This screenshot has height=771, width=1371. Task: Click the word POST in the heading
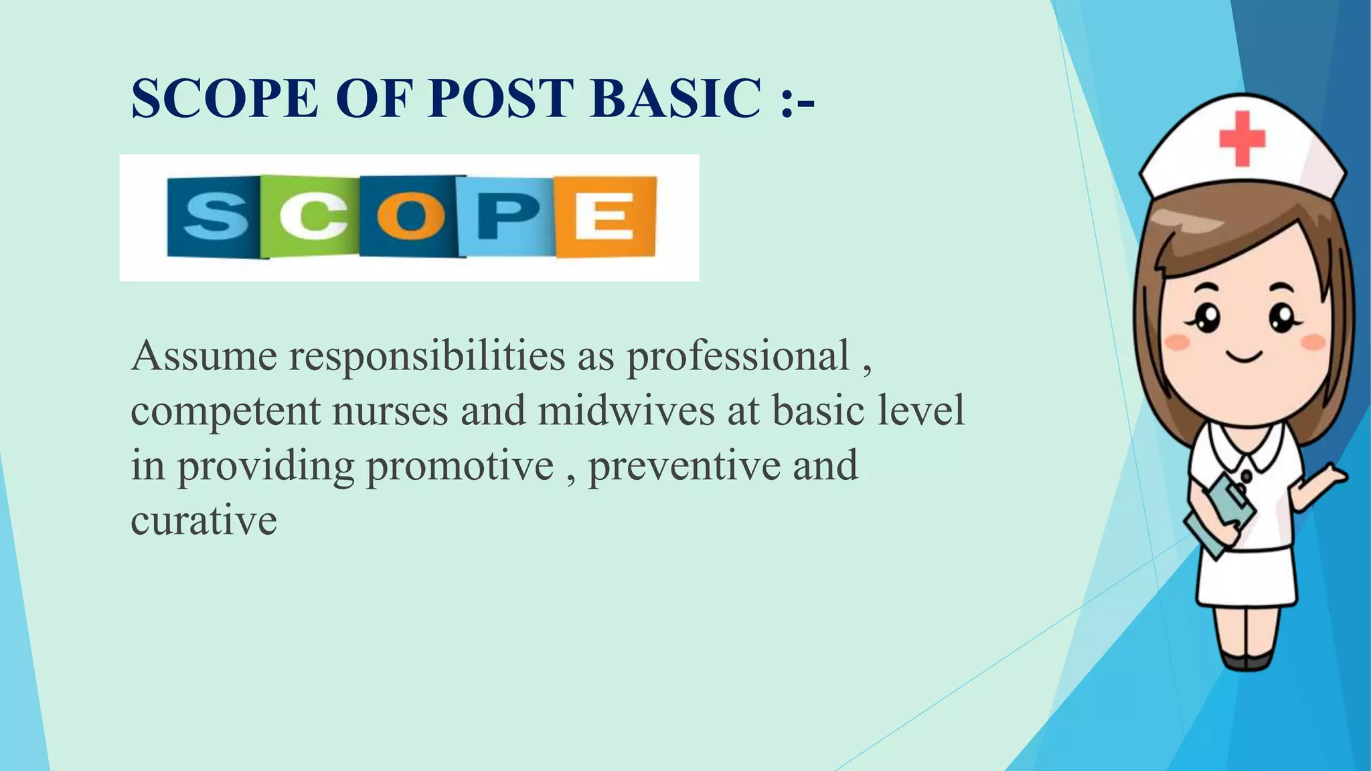tap(501, 99)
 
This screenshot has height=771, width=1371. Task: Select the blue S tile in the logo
tap(214, 216)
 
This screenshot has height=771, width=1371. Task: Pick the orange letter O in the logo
tap(410, 216)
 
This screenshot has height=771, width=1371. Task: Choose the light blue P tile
tap(507, 216)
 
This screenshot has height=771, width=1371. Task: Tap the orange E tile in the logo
tap(605, 216)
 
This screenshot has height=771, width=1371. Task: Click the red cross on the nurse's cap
tap(1242, 139)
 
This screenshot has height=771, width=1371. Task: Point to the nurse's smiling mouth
tap(1244, 357)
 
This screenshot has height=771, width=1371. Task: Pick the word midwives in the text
tap(626, 411)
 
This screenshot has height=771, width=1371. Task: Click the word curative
tap(204, 521)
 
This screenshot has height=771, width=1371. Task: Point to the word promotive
tap(460, 466)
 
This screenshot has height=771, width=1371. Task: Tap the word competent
tap(225, 411)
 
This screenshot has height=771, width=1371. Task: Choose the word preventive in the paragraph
tap(684, 466)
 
